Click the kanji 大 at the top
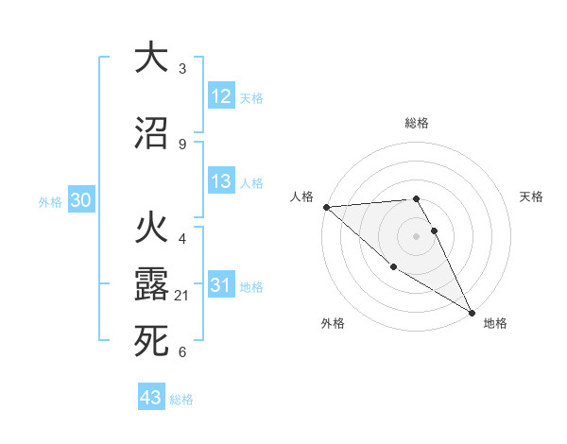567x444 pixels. [x=151, y=58]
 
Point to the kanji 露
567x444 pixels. [x=151, y=282]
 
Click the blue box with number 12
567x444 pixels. [x=221, y=96]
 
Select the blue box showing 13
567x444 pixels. [x=221, y=181]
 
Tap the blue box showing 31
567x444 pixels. [x=221, y=285]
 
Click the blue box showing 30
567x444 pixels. [x=81, y=200]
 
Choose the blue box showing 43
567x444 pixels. [x=151, y=398]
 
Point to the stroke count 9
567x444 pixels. [x=181, y=144]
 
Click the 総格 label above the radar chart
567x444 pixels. [x=417, y=123]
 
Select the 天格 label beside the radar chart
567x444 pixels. [x=532, y=196]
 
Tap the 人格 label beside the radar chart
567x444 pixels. [x=302, y=196]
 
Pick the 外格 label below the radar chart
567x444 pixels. [x=333, y=323]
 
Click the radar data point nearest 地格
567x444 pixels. [x=472, y=313]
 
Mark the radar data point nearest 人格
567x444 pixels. [x=326, y=206]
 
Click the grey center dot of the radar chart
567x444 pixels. [x=417, y=235]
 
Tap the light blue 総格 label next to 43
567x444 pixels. [x=181, y=400]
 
